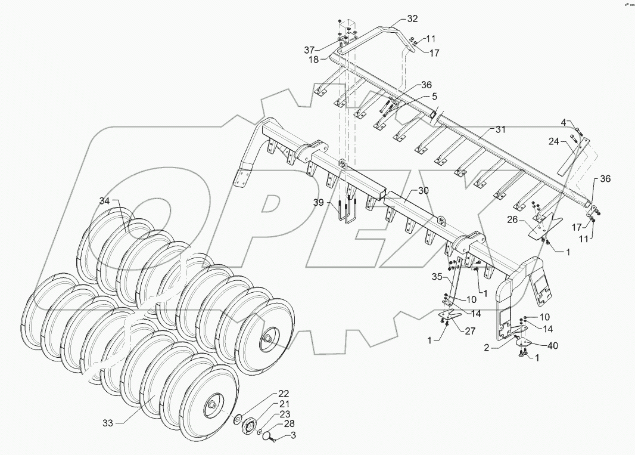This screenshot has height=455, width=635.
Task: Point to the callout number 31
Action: [500, 129]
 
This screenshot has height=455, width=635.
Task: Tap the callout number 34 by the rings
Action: [105, 200]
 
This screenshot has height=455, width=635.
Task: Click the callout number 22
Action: [283, 394]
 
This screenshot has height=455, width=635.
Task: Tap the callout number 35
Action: [437, 277]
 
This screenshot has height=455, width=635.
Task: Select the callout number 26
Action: [512, 220]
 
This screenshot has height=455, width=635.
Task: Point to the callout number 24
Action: [553, 142]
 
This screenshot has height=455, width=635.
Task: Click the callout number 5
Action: [435, 95]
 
